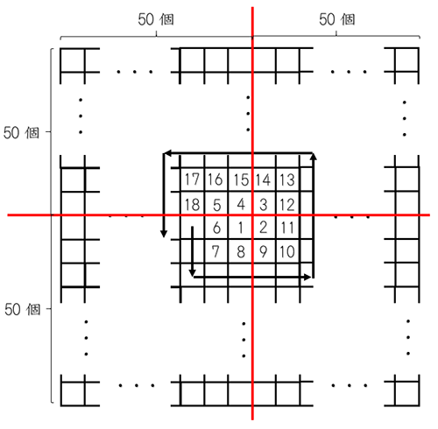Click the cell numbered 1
click(x=240, y=228)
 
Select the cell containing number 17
click(x=192, y=179)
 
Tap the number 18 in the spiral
click(x=192, y=203)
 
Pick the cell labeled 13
click(x=287, y=179)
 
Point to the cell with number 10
click(x=287, y=251)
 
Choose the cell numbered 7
click(x=216, y=251)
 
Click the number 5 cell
click(x=216, y=203)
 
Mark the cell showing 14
click(x=264, y=179)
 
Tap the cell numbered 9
click(x=264, y=251)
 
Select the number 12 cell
click(x=287, y=203)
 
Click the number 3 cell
click(x=264, y=203)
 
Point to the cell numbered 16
click(x=216, y=179)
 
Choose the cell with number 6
click(x=216, y=228)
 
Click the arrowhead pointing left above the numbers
click(x=166, y=152)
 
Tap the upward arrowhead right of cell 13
click(x=314, y=157)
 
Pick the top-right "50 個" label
click(x=337, y=19)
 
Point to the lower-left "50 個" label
click(x=22, y=309)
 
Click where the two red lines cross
click(x=252, y=215)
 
